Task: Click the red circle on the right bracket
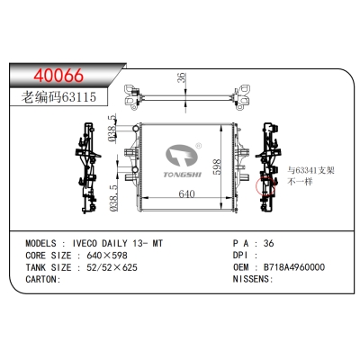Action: [x=266, y=186]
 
